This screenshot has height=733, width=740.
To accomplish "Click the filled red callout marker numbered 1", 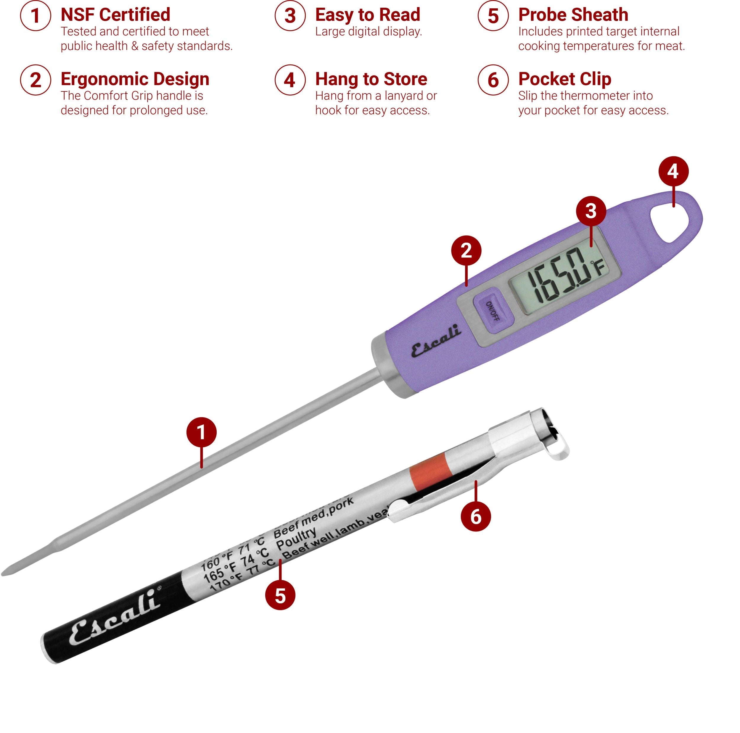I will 202,432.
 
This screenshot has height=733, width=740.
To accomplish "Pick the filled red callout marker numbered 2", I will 466,251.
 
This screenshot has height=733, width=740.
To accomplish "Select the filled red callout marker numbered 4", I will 673,171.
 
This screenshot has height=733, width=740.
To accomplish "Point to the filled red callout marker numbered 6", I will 476,517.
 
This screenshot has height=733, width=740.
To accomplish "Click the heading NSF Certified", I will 115,15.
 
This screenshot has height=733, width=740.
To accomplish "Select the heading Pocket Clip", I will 564,79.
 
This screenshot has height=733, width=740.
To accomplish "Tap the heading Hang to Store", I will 371,79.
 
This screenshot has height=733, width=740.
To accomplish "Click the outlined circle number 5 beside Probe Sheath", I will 493,16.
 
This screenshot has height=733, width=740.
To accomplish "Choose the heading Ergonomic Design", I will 135,79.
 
